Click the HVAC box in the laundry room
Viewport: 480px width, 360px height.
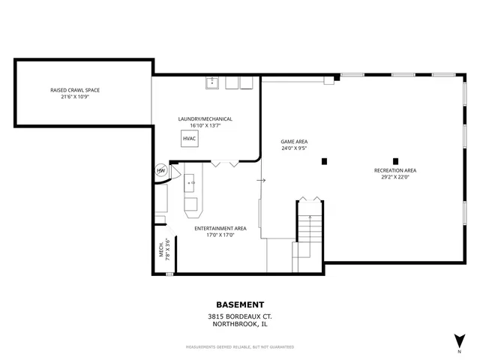[190, 139]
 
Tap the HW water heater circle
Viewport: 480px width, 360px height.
[160, 171]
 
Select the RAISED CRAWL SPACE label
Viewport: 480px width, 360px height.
[75, 90]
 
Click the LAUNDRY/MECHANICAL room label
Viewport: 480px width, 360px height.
[205, 118]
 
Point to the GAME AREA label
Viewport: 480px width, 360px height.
[294, 141]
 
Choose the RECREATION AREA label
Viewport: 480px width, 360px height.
[395, 170]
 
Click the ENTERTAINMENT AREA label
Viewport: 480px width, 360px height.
[220, 228]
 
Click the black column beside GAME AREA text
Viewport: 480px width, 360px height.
[324, 160]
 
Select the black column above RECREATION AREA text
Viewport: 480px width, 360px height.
[395, 160]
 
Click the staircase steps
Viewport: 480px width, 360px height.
[309, 229]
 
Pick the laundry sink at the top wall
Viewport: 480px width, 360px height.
[212, 82]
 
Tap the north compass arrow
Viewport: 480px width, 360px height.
[459, 340]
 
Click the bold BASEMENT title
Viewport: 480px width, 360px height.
[240, 304]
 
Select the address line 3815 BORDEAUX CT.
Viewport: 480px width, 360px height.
[240, 316]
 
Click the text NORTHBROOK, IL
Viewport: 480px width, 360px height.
[240, 325]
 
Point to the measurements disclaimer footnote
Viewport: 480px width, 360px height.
[240, 346]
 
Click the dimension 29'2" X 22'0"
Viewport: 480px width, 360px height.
[395, 177]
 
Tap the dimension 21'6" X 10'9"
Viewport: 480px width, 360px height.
[75, 97]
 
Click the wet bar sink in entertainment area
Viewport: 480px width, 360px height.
[190, 181]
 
